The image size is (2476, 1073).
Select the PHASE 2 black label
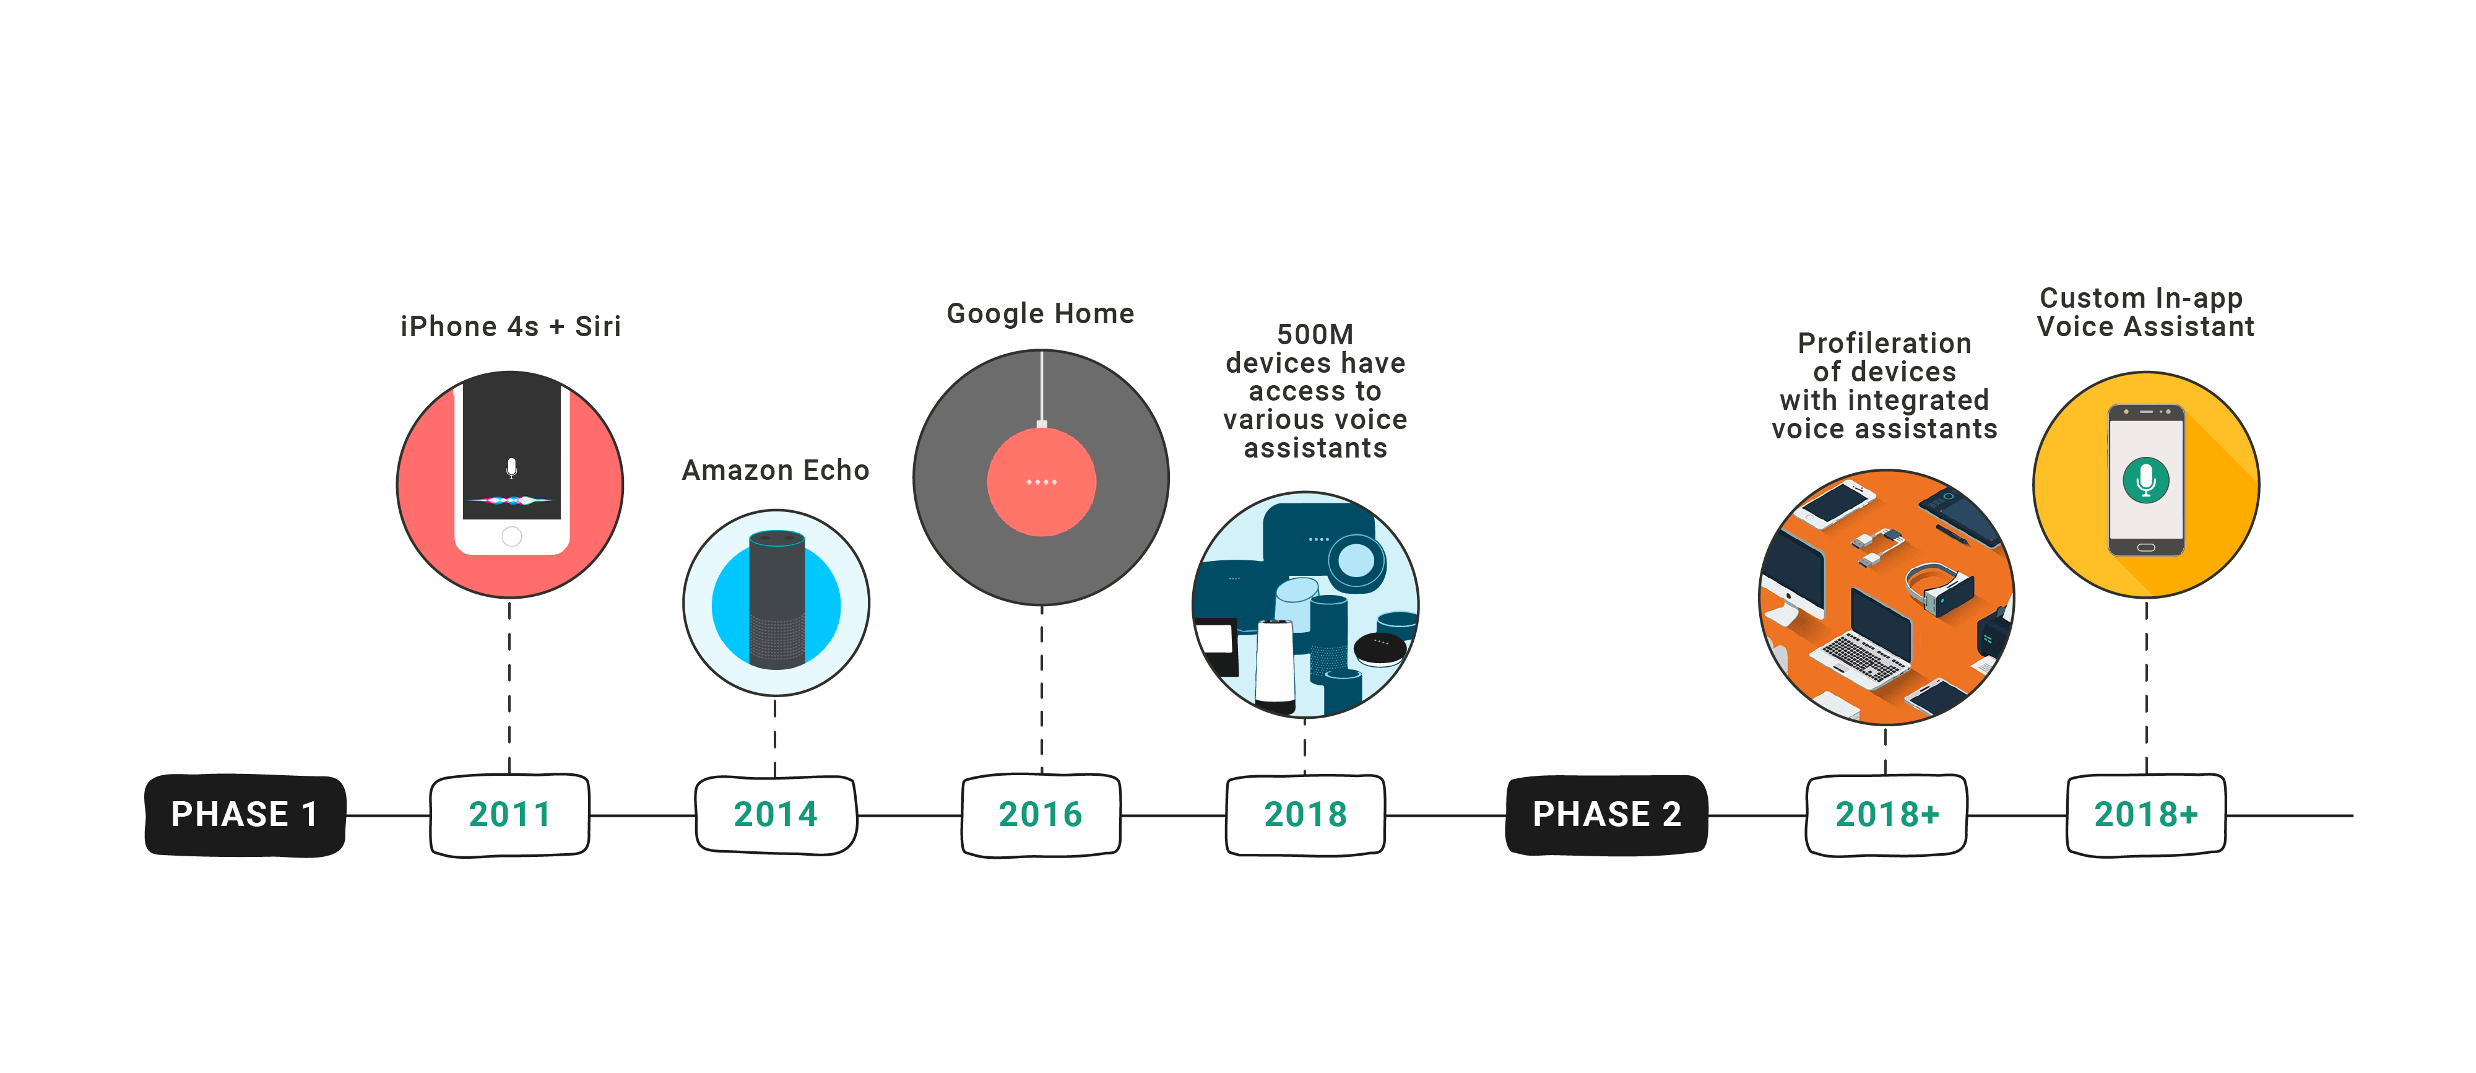[1606, 814]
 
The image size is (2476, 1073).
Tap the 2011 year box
[509, 814]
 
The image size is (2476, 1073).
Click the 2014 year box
[776, 814]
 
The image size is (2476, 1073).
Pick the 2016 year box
[1041, 814]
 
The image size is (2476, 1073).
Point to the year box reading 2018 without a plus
[1305, 814]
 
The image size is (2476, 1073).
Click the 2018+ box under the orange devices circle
[1887, 814]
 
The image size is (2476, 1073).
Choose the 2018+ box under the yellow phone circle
[2145, 814]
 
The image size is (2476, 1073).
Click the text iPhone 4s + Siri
[511, 327]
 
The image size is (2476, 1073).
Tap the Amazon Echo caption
[776, 470]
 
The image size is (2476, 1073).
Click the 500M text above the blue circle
[1315, 334]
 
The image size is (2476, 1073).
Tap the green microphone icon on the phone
[2145, 479]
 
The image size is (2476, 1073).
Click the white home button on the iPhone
[511, 536]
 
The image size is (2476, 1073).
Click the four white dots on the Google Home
[1041, 482]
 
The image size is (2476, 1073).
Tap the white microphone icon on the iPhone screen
[511, 468]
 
